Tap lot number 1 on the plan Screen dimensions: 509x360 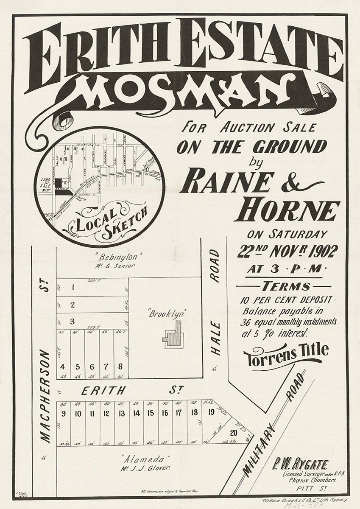(x=73, y=287)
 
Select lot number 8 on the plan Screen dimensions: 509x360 (x=121, y=366)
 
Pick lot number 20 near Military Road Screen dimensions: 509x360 (x=233, y=433)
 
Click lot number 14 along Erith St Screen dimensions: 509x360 (x=136, y=413)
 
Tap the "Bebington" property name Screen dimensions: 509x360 (x=112, y=257)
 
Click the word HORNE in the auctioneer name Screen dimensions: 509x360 (x=290, y=211)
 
